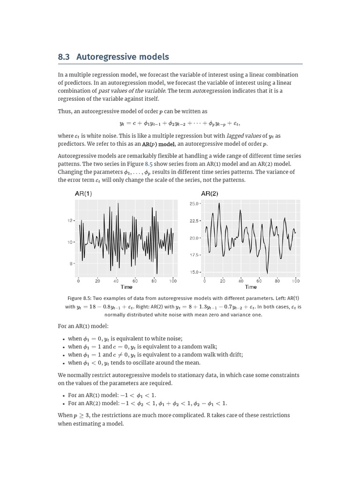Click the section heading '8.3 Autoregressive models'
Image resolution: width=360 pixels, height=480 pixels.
113,57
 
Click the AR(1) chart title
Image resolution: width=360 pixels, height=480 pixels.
83,194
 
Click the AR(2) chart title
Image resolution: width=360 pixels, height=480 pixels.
210,194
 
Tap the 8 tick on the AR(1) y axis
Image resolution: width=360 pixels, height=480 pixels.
71,264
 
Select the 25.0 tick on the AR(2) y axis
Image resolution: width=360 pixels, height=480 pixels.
195,203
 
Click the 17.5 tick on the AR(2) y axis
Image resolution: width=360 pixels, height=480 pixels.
195,255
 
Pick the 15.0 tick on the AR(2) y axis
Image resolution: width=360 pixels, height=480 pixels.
195,272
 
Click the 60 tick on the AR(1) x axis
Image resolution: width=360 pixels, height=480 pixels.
135,281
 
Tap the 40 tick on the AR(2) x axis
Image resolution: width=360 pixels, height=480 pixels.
241,281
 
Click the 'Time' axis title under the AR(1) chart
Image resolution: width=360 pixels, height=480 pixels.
126,287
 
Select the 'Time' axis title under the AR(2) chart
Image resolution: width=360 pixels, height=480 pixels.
251,287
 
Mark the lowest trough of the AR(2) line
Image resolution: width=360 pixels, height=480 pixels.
267,273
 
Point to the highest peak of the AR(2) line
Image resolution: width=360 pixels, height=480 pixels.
219,203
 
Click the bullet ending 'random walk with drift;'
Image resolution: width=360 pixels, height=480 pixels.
155,355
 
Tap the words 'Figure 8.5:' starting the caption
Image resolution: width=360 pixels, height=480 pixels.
79,298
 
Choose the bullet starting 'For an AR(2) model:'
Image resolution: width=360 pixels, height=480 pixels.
147,403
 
